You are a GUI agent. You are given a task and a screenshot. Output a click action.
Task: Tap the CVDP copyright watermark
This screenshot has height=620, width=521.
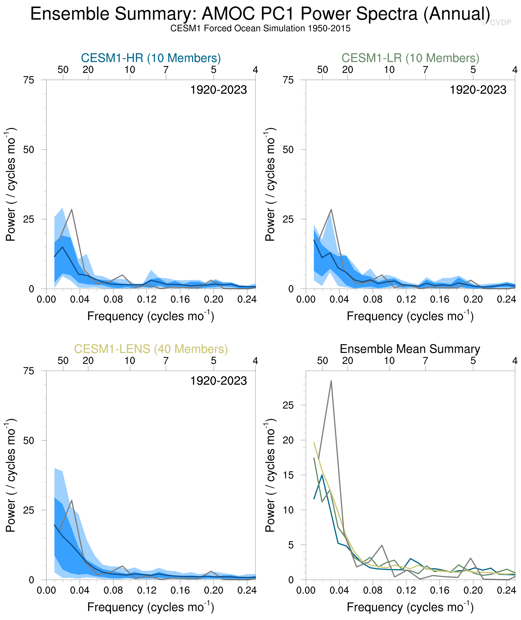[496, 23]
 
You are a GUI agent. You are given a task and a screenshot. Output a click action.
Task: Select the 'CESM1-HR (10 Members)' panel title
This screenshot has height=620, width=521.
[151, 58]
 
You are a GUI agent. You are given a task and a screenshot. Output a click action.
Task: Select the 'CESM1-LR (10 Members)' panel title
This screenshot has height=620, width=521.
[410, 58]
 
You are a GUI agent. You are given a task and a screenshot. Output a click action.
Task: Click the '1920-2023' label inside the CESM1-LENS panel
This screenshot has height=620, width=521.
[218, 381]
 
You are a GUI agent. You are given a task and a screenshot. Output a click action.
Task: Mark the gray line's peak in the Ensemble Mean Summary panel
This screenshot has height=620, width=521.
[331, 381]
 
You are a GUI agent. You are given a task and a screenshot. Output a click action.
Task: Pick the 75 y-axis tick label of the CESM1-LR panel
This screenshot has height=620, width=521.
[288, 80]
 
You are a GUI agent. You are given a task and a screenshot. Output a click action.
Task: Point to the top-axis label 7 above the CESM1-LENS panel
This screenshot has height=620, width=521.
[166, 361]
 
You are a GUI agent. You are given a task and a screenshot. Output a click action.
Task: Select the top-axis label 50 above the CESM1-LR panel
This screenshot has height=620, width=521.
[322, 70]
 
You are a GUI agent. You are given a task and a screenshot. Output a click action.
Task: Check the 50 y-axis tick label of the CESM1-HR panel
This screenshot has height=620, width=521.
[29, 150]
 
